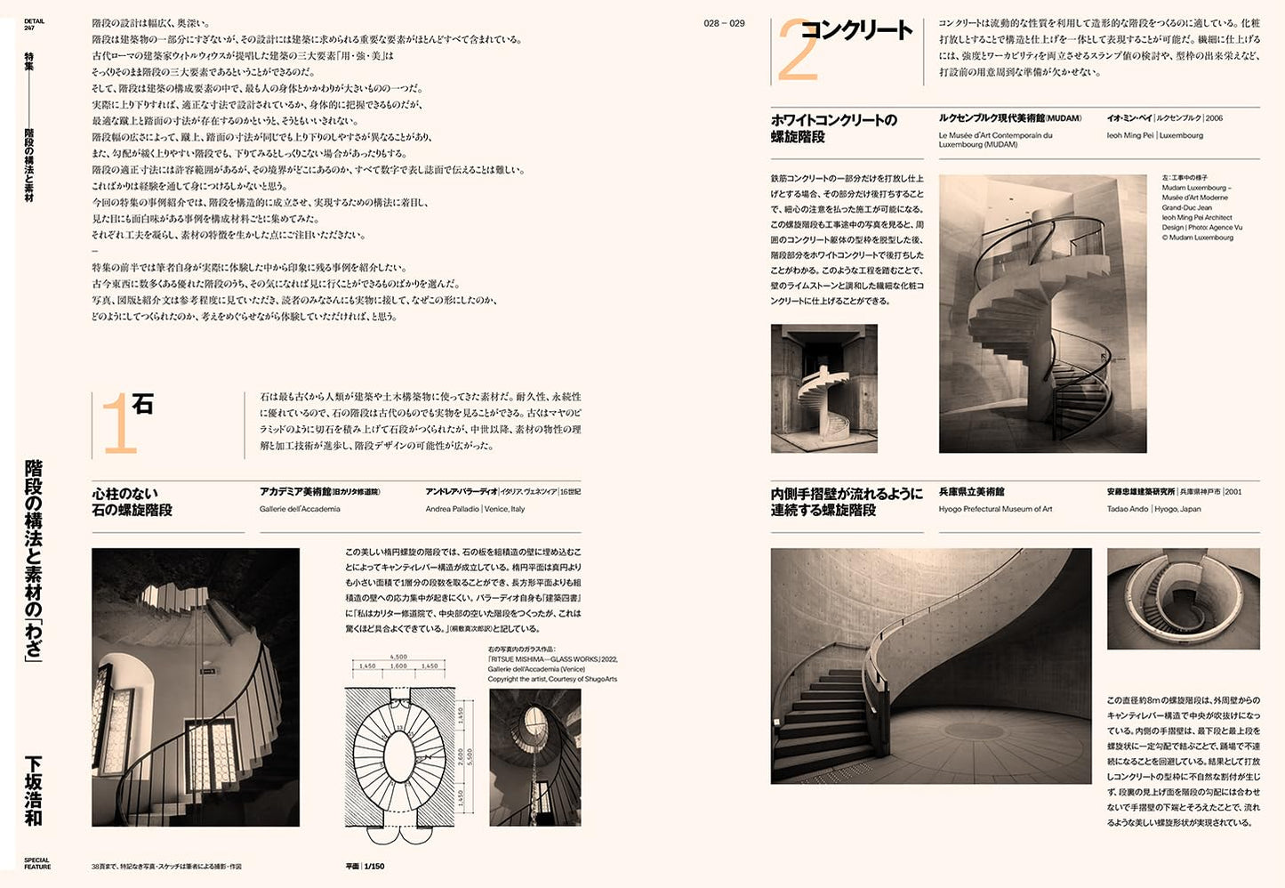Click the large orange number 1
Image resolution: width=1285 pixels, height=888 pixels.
point(118,426)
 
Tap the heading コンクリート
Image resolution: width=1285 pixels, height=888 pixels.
point(856,30)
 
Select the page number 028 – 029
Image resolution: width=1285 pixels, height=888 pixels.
point(724,23)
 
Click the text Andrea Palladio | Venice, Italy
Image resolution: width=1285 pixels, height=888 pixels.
point(475,509)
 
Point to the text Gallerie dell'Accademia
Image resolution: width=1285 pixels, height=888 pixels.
point(300,509)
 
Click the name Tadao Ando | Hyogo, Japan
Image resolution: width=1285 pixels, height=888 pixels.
point(1153,509)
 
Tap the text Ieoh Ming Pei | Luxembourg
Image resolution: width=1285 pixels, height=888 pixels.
point(1154,135)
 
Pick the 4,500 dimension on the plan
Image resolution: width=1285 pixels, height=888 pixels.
point(398,658)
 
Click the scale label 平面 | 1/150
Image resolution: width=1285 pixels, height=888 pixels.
point(365,866)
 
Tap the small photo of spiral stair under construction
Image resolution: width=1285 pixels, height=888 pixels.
point(823,388)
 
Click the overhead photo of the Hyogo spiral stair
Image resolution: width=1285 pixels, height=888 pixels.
point(1183,598)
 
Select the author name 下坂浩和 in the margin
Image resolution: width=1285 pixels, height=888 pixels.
point(33,790)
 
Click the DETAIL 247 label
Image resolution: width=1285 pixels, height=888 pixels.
point(34,24)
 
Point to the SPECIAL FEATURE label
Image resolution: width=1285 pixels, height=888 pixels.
point(37,864)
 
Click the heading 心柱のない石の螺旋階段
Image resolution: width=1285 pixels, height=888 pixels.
point(132,502)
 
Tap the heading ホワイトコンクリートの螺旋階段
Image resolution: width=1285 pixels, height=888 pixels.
point(833,128)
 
